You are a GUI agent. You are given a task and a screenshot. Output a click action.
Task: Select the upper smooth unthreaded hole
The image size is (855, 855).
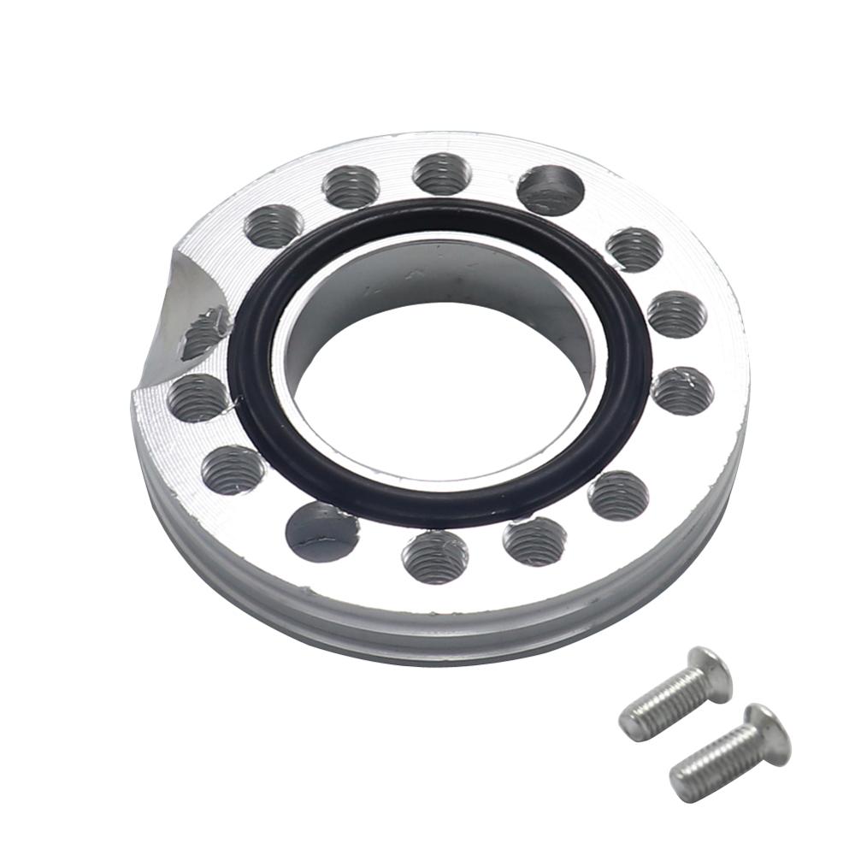point(551,190)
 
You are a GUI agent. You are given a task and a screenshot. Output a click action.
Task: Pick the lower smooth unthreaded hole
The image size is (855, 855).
point(321,530)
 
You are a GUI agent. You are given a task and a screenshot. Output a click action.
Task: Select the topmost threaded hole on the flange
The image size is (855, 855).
point(441,174)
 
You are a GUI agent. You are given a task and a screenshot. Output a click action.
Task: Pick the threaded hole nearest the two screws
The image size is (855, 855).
point(618,495)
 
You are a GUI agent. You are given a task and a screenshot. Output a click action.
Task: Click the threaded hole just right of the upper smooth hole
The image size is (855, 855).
point(634,249)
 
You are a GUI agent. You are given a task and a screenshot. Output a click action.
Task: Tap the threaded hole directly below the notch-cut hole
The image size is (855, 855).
point(198,398)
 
